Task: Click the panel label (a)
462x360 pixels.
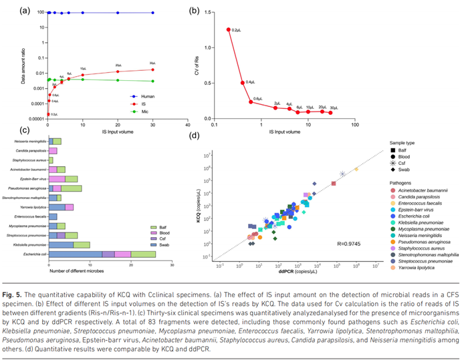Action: tap(44, 10)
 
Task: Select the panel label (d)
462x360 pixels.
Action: tap(194, 138)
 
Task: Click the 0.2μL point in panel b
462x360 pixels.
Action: tap(229, 29)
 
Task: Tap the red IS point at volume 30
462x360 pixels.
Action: tap(153, 69)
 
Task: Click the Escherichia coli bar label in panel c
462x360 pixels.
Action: tap(34, 254)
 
